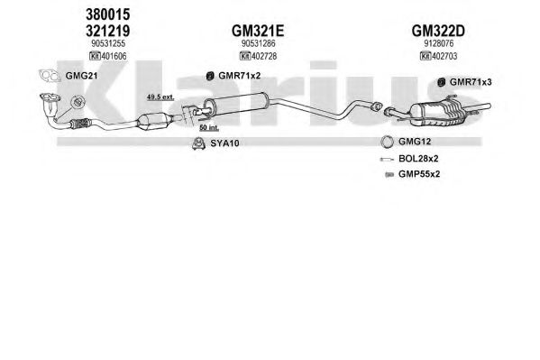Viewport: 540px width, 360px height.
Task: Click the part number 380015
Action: (108, 14)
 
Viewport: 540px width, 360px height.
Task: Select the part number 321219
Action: (108, 31)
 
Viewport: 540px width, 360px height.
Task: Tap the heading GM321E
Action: (258, 31)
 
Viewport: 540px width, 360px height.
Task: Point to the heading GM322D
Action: (438, 31)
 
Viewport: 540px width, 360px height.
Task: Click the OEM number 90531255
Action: (108, 43)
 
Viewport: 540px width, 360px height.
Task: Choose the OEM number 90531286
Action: (259, 43)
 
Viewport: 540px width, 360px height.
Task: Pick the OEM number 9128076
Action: (438, 43)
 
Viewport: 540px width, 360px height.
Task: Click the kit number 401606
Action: (114, 56)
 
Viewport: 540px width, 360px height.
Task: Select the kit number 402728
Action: (264, 56)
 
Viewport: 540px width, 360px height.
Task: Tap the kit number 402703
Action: (444, 56)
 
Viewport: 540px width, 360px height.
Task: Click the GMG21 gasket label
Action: (81, 76)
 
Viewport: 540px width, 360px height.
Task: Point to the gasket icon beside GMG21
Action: (50, 76)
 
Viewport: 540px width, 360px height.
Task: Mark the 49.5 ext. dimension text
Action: (160, 97)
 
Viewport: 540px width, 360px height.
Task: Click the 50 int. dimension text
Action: (209, 127)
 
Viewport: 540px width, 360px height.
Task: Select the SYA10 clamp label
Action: (224, 143)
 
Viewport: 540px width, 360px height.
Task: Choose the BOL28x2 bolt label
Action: (418, 159)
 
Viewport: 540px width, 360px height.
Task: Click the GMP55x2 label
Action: (419, 174)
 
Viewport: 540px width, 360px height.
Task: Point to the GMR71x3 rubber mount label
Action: (471, 82)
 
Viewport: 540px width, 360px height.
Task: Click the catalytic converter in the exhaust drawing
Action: (153, 121)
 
